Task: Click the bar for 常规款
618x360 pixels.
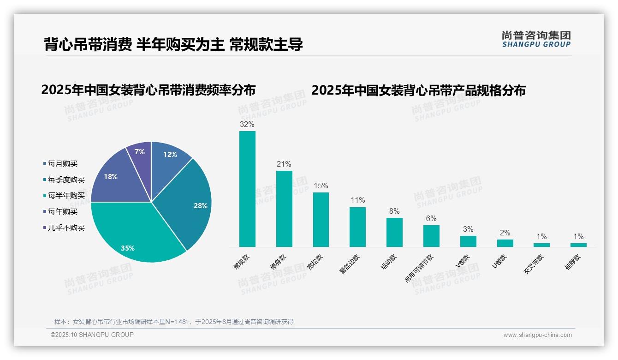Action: (247, 189)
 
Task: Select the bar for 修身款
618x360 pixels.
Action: (284, 209)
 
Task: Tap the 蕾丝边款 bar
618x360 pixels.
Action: (357, 227)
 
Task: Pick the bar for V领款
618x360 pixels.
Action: (468, 241)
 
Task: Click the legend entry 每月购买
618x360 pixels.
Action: (63, 164)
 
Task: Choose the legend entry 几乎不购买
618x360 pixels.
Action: (66, 228)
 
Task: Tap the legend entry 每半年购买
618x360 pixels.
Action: (66, 196)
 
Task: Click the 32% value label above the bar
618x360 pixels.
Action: (247, 125)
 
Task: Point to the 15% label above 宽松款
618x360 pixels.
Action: (321, 186)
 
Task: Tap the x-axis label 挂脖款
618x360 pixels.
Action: (573, 262)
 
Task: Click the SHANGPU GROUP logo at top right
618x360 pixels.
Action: (536, 39)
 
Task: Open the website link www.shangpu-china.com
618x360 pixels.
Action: (537, 335)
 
